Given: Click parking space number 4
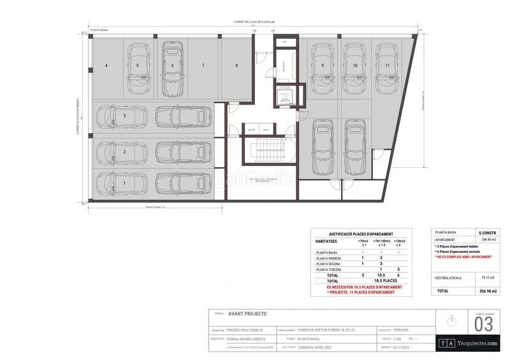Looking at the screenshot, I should tap(106, 66).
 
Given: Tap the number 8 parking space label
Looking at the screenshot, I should tap(237, 66).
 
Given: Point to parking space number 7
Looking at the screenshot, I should tap(203, 66).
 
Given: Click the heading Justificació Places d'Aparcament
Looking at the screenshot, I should tap(360, 234).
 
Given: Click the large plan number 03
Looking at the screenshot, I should tap(484, 324).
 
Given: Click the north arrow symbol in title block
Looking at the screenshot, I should tap(452, 320).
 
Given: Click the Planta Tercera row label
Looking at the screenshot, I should tap(329, 270).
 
